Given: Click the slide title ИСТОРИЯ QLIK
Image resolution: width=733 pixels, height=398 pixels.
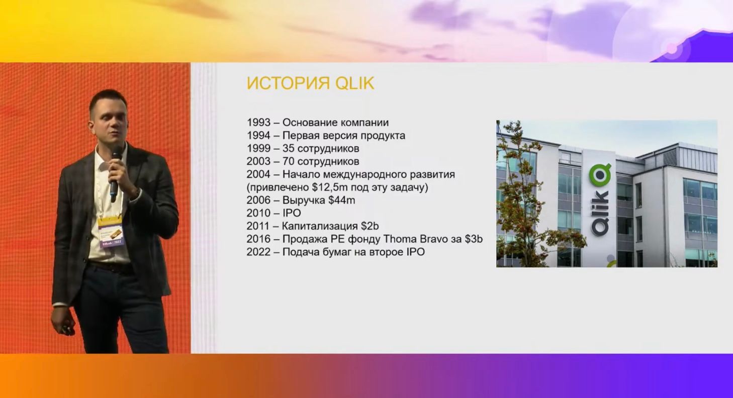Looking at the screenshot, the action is (310, 83).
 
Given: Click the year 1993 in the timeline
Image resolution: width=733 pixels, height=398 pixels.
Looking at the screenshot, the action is (258, 123).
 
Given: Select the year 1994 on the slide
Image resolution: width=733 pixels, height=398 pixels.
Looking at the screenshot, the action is (258, 135).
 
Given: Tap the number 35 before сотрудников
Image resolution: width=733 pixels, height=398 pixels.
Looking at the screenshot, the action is (288, 148).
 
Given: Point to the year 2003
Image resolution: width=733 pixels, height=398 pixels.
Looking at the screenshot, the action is (258, 161).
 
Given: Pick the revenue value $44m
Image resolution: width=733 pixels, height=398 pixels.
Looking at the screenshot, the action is (342, 200).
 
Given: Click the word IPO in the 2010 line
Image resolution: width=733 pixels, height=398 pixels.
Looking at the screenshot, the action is (292, 213).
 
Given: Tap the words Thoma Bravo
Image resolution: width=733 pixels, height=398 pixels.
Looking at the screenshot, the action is (415, 239).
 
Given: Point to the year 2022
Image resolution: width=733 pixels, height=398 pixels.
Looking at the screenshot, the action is (258, 252).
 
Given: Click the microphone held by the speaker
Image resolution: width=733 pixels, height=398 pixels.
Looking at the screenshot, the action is (115, 173).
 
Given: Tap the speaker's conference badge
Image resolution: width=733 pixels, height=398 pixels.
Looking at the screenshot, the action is (111, 232).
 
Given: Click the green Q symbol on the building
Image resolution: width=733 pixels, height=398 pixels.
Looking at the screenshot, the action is (600, 174).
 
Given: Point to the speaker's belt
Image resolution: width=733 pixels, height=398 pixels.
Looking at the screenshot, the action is (111, 267).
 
